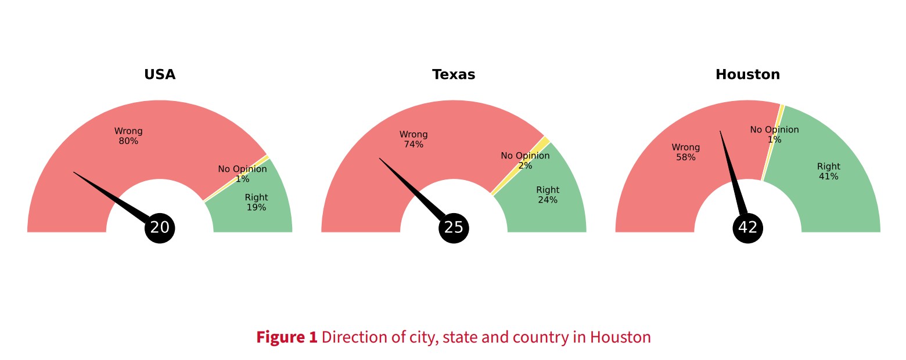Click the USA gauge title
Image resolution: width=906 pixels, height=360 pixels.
160,75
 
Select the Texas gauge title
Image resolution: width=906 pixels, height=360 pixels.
454,75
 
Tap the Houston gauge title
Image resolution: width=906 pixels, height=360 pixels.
747,75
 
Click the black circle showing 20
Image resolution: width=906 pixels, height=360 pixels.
160,228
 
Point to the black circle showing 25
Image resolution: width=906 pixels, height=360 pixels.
454,228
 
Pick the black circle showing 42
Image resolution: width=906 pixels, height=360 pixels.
747,228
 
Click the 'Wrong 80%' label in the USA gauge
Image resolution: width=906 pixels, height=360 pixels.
128,136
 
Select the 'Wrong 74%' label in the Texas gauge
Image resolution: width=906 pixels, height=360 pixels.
414,139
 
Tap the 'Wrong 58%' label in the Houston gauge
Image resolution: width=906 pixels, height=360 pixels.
686,152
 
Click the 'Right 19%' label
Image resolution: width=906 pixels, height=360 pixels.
256,202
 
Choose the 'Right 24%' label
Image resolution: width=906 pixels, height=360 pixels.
548,195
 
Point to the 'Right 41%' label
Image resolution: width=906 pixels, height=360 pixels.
829,171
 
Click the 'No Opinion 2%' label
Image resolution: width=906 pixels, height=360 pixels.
525,160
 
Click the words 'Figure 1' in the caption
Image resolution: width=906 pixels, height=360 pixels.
287,337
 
